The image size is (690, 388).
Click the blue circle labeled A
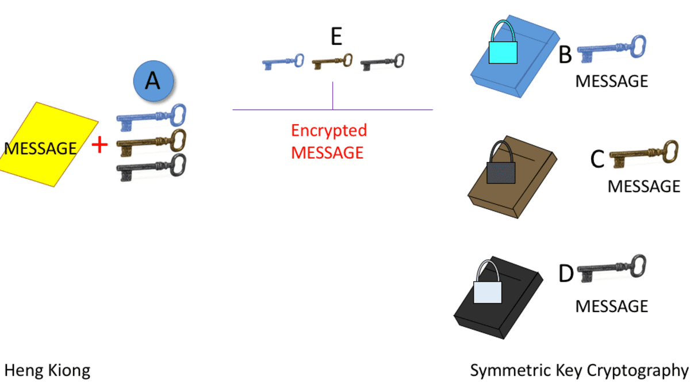coord(152,82)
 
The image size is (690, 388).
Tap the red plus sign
coord(100,145)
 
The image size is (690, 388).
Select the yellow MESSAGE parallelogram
coord(48,145)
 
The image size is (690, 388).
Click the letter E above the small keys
coord(336,37)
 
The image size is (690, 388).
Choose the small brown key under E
coord(332,62)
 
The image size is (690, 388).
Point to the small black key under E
coord(382,62)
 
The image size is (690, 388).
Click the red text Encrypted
coord(329,130)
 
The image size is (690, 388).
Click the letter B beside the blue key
coord(565,55)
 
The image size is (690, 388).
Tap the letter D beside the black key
coord(566,274)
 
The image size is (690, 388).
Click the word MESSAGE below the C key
coord(643,186)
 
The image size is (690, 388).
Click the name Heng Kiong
coord(47,370)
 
